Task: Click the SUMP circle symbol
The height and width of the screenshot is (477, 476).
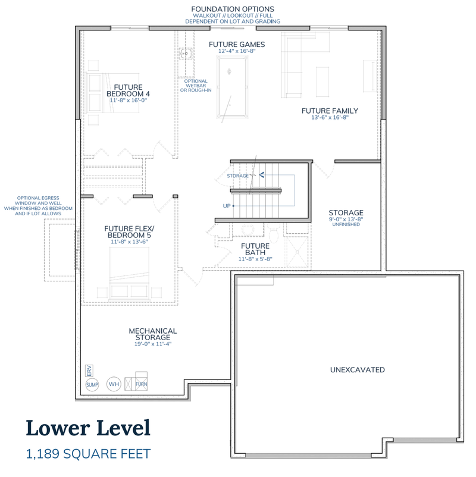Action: [92, 385]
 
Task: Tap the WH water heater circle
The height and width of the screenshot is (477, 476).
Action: [114, 384]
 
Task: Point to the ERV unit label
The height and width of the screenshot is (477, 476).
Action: [89, 371]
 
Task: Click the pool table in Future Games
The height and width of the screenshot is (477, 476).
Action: [232, 87]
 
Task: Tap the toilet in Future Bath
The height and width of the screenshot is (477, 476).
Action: [274, 233]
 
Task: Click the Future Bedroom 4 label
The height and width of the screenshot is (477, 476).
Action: [128, 90]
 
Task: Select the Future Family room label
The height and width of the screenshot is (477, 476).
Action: [330, 111]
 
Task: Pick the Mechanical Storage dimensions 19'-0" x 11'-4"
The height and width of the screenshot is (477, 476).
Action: [153, 344]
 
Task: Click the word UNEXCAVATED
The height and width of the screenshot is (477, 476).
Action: [358, 369]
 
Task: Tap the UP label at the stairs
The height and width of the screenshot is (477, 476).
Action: [227, 206]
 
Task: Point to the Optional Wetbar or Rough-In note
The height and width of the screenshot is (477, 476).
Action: [196, 86]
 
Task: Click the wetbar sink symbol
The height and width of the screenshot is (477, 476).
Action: [186, 55]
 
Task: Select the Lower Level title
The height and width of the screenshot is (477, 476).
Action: [88, 428]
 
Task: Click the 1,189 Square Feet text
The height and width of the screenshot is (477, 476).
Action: [88, 454]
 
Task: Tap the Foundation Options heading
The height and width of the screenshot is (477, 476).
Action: [233, 9]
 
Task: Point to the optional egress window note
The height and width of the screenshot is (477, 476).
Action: [38, 206]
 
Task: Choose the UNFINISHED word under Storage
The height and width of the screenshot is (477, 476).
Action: [346, 224]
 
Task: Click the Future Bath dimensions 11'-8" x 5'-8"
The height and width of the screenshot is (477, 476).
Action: [255, 259]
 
